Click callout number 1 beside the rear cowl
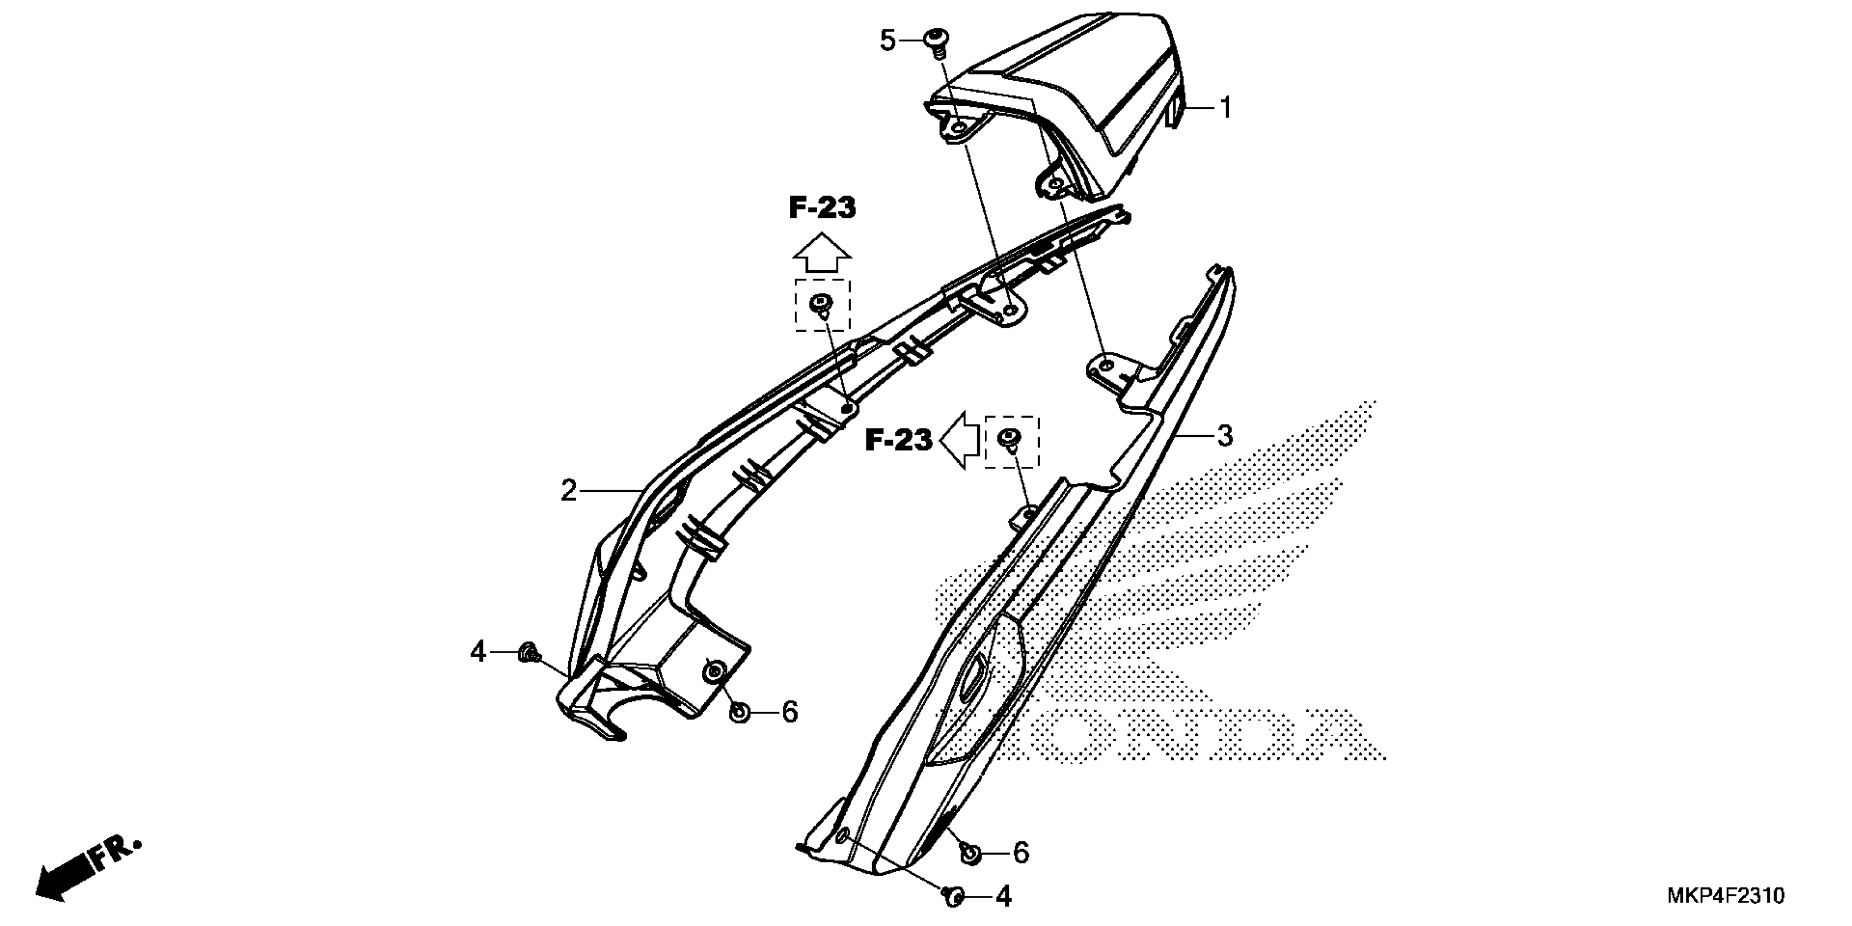pyautogui.click(x=1226, y=108)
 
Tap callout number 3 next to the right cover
pyautogui.click(x=1224, y=436)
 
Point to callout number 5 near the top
pyautogui.click(x=888, y=41)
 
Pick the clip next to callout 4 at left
pyautogui.click(x=528, y=653)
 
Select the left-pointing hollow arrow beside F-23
pyautogui.click(x=960, y=440)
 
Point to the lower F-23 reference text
pyautogui.click(x=898, y=440)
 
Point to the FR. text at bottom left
pyautogui.click(x=115, y=852)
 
